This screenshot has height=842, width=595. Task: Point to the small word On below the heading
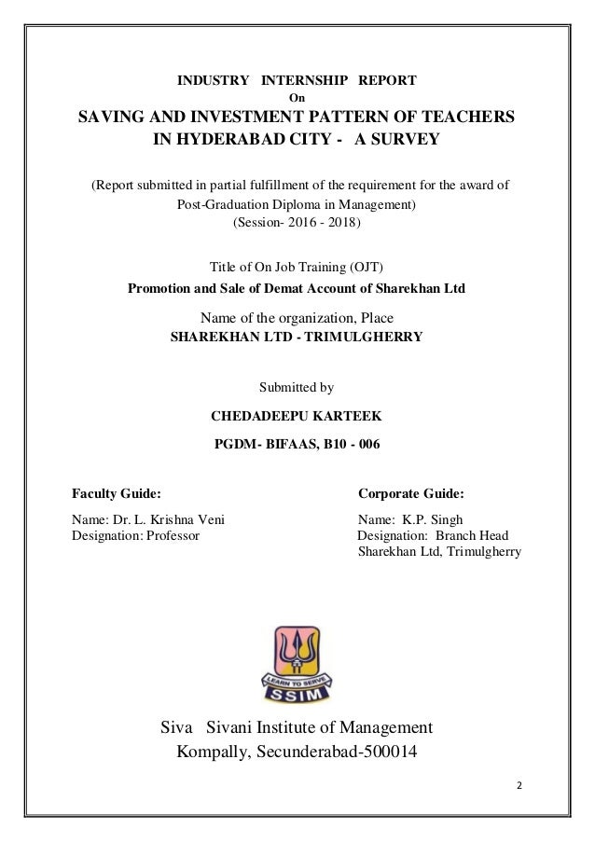[x=298, y=97]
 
